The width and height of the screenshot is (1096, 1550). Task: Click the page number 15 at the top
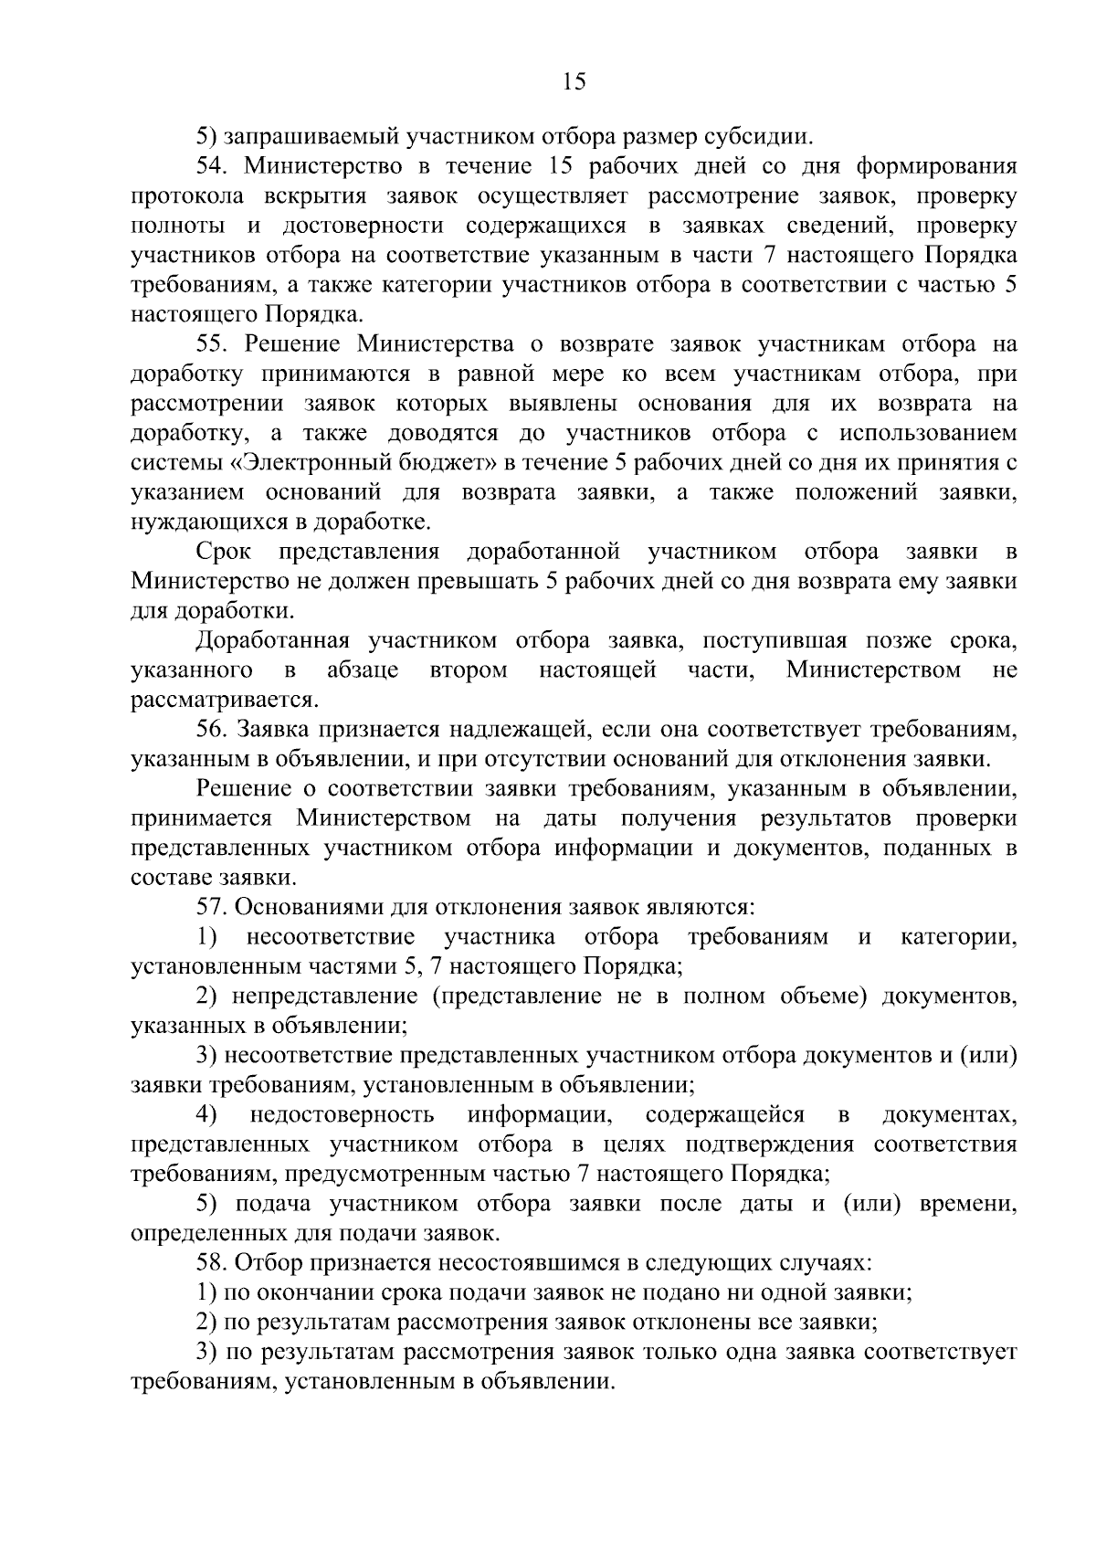coord(574,82)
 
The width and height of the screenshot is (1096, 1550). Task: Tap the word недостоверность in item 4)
coord(342,1115)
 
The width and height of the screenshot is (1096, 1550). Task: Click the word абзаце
coord(363,670)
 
